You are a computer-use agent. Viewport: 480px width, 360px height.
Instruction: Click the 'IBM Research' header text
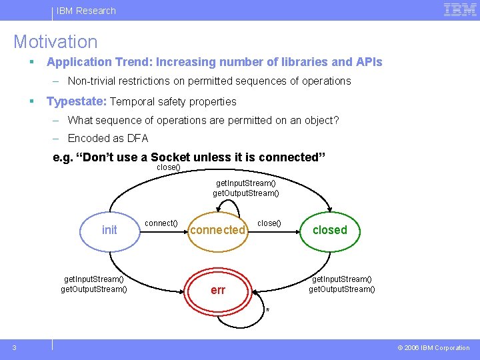tap(86, 11)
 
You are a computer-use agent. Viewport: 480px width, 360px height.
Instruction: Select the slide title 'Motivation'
tap(55, 42)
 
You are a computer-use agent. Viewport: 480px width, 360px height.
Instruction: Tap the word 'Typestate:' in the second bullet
tap(76, 101)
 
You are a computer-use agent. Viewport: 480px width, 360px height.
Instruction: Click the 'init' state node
tap(109, 230)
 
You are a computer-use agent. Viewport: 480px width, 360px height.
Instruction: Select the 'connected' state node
tap(217, 230)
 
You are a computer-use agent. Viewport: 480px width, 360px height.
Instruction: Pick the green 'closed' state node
tap(330, 230)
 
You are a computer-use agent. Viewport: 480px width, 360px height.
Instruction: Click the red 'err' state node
tap(218, 291)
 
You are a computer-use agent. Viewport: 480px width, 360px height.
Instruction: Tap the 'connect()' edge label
tap(161, 223)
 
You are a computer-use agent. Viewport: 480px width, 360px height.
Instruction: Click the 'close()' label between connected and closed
tap(269, 223)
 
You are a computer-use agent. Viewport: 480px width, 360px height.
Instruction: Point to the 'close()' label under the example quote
tap(168, 167)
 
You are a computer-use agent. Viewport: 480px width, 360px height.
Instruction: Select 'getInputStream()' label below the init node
tap(93, 279)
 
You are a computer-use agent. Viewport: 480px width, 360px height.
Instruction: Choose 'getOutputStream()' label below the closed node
tap(342, 289)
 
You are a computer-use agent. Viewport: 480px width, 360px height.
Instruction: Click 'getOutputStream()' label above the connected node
tap(246, 193)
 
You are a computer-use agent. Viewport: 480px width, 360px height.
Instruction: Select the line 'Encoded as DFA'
tap(108, 139)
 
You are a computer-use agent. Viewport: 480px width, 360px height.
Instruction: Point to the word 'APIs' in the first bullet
tap(369, 62)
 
